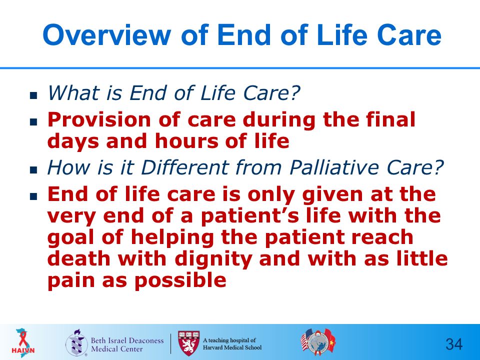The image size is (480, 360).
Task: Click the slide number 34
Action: pos(454,344)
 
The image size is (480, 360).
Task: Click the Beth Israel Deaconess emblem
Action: pos(75,343)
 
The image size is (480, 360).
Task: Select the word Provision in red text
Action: pos(99,119)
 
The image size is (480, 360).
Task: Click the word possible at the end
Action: pos(180,280)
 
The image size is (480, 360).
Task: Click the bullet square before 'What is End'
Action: pos(33,95)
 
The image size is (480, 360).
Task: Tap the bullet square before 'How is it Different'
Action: pos(33,170)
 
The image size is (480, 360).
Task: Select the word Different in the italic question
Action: pos(184,167)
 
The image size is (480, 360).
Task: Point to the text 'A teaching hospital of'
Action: pos(229,340)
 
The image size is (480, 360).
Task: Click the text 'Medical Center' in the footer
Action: pos(117,348)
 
